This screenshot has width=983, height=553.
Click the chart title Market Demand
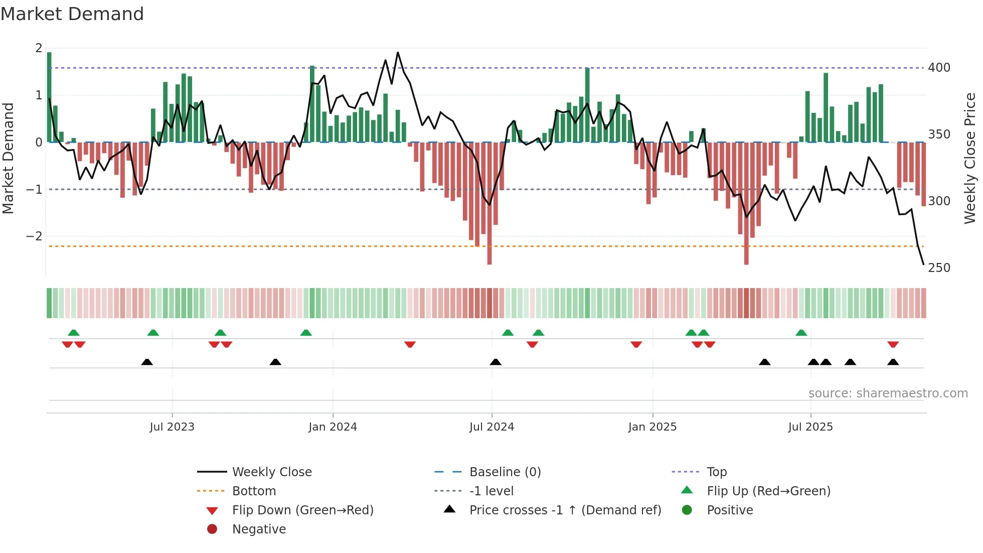tap(72, 14)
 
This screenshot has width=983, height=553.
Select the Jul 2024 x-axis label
tap(491, 427)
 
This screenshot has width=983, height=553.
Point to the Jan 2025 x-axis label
tap(652, 427)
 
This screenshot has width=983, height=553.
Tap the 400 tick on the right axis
tap(939, 67)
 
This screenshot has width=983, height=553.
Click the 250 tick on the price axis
tap(939, 267)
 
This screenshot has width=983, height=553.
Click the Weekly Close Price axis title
tap(970, 158)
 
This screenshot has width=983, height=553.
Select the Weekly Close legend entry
tap(271, 472)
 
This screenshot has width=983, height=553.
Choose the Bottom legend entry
tap(254, 491)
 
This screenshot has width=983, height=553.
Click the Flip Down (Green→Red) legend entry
tap(302, 510)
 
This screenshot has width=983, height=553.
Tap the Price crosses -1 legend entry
tap(565, 510)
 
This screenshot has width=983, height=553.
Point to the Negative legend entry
tap(259, 529)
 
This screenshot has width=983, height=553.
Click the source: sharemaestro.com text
tap(888, 393)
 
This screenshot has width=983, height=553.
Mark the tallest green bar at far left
tap(49, 95)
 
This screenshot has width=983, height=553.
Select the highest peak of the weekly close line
tap(398, 52)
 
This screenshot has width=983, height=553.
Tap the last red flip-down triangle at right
tap(893, 344)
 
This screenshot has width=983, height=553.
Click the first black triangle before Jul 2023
tap(147, 362)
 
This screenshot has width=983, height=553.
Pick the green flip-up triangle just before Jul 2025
tap(801, 333)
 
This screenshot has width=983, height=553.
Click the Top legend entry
tap(716, 472)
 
